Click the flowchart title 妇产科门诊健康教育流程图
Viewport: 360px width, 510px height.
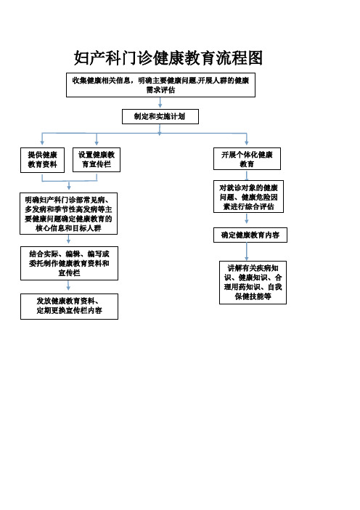pyautogui.click(x=168, y=58)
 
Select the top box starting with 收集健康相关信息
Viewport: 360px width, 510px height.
pyautogui.click(x=160, y=85)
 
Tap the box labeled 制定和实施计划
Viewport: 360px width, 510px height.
pyautogui.click(x=160, y=116)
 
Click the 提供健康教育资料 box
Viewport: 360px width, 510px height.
pyautogui.click(x=42, y=160)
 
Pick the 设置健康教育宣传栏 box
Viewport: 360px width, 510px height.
pyautogui.click(x=97, y=160)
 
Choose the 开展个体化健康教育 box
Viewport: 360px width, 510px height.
pyautogui.click(x=247, y=158)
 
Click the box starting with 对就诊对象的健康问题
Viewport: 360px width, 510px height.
pyautogui.click(x=248, y=196)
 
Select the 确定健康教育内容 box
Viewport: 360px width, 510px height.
pyautogui.click(x=250, y=235)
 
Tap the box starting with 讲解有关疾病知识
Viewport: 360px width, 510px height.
pyautogui.click(x=253, y=283)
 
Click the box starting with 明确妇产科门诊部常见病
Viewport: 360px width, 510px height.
pyautogui.click(x=68, y=214)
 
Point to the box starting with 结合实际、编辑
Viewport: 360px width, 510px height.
pyautogui.click(x=69, y=263)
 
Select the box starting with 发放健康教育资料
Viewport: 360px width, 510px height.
pyautogui.click(x=69, y=307)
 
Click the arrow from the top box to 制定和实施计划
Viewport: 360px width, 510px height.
pyautogui.click(x=160, y=102)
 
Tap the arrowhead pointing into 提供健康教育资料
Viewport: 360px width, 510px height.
pyautogui.click(x=42, y=143)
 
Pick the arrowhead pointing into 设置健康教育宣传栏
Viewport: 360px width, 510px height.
pyautogui.click(x=97, y=143)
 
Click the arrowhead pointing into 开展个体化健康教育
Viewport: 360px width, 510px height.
pyautogui.click(x=247, y=143)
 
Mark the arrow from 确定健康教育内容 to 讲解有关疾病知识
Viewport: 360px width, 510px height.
pyautogui.click(x=247, y=251)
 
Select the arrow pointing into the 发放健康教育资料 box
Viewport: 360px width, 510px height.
pyautogui.click(x=68, y=286)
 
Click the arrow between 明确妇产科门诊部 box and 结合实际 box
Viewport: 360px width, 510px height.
pyautogui.click(x=68, y=239)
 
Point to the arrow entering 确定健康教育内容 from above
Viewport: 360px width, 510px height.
pyautogui.click(x=247, y=218)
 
